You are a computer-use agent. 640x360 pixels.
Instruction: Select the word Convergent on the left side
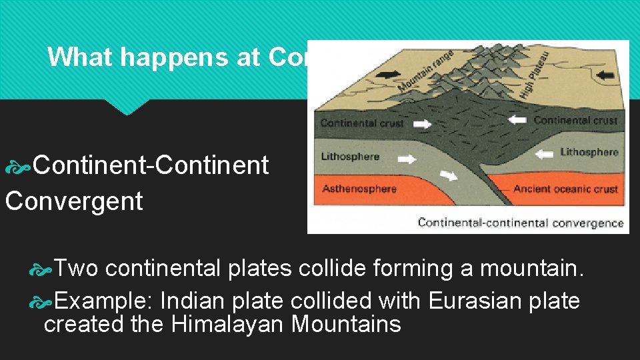[74, 201]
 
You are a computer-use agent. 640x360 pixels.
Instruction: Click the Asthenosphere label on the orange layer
[359, 189]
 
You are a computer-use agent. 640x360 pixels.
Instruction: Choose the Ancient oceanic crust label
[566, 189]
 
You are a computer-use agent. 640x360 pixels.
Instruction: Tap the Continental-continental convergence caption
[521, 223]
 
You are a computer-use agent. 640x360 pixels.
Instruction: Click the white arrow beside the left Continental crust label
[422, 123]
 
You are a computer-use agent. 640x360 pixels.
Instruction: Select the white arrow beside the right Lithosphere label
[545, 153]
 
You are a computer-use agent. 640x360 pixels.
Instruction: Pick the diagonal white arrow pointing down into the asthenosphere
[448, 175]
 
